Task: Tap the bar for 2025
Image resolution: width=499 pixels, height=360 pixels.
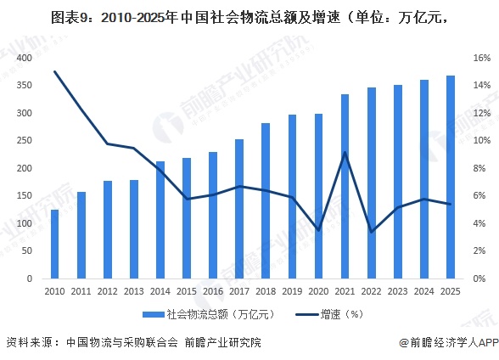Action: pyautogui.click(x=451, y=177)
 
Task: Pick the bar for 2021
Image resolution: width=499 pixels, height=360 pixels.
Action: pyautogui.click(x=345, y=187)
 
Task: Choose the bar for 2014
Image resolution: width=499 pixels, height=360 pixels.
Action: pyautogui.click(x=160, y=220)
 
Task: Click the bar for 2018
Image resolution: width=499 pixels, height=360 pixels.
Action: pyautogui.click(x=266, y=201)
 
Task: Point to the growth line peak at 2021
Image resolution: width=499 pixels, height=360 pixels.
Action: pyautogui.click(x=345, y=153)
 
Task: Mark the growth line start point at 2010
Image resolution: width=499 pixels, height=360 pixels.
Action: pyautogui.click(x=54, y=71)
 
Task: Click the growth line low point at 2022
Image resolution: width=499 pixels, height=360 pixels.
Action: pyautogui.click(x=372, y=232)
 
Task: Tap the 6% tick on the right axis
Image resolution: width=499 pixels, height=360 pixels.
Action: pyautogui.click(x=481, y=196)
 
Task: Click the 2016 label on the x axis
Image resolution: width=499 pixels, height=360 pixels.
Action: pyautogui.click(x=213, y=291)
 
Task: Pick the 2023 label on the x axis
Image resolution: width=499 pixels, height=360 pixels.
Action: pyautogui.click(x=398, y=291)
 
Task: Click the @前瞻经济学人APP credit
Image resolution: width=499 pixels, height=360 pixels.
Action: pyautogui.click(x=447, y=343)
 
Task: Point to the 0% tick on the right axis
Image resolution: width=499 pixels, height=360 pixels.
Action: pyautogui.click(x=481, y=279)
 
